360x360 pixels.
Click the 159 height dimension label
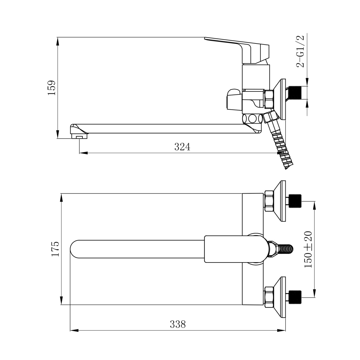click(x=52, y=88)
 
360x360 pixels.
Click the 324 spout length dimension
click(x=182, y=147)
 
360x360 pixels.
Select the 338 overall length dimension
click(x=178, y=324)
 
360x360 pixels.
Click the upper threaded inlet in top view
click(x=295, y=201)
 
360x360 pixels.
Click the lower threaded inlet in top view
click(x=295, y=297)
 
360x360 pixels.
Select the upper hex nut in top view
click(x=269, y=201)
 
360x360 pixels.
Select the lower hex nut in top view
click(x=269, y=297)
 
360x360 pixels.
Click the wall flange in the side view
click(x=279, y=99)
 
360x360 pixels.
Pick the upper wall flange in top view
click(x=279, y=201)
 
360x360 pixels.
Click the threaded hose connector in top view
click(x=281, y=249)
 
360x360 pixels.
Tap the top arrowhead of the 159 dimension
click(x=58, y=41)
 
